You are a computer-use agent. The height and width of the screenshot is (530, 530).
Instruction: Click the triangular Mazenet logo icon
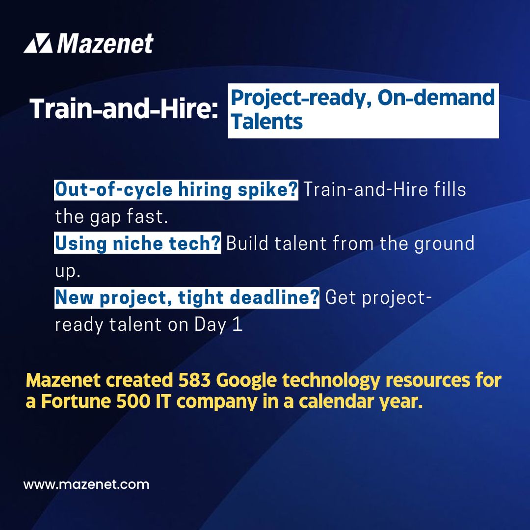click(x=38, y=44)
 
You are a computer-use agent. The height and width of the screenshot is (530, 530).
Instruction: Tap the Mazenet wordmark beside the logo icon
click(x=105, y=44)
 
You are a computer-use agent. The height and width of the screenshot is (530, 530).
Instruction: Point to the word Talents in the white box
click(x=266, y=121)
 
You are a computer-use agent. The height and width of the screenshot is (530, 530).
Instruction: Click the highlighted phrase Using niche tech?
click(x=137, y=244)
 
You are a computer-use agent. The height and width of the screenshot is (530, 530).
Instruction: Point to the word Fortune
click(x=72, y=401)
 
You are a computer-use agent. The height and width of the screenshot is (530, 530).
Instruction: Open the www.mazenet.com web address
click(x=86, y=485)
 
